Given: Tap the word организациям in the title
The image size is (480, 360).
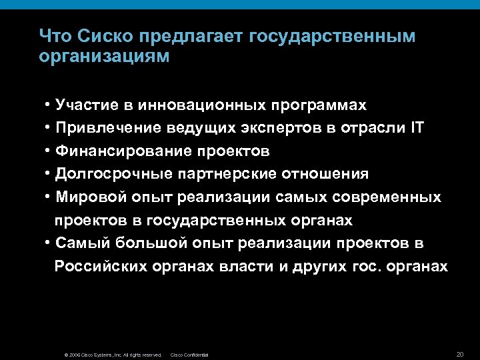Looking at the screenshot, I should [x=105, y=56].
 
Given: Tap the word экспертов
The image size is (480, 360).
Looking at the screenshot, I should [x=275, y=127].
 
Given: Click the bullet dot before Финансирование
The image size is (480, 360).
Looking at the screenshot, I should [x=49, y=151].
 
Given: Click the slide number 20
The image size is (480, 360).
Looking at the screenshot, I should [x=459, y=353].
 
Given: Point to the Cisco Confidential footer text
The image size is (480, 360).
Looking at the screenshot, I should [x=190, y=355].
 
